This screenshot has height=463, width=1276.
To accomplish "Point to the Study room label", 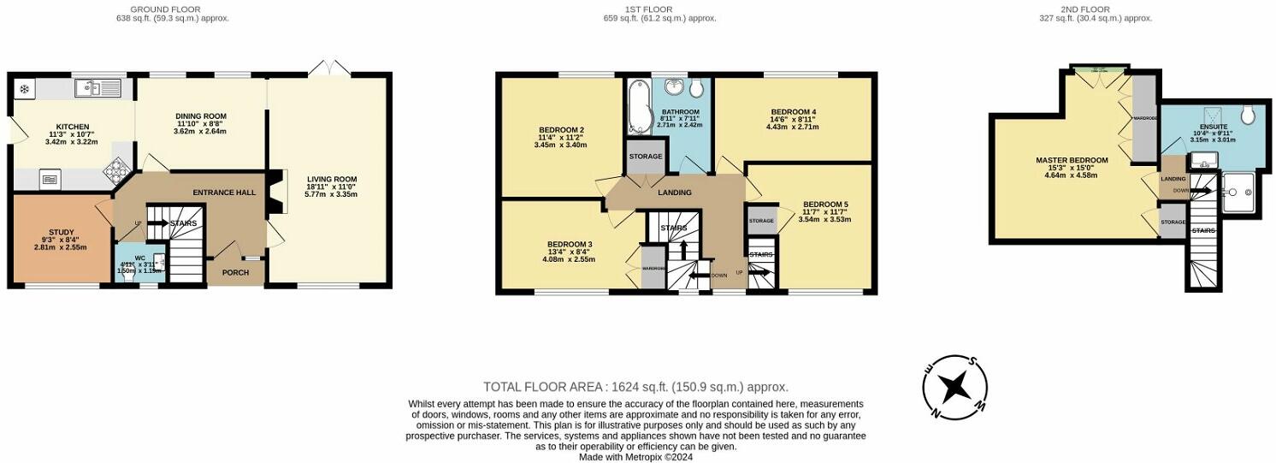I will (x=61, y=232).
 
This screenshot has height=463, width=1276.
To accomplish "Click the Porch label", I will (x=235, y=273).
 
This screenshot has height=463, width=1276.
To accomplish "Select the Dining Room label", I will (x=200, y=116).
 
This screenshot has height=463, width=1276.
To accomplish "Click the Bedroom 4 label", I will (x=794, y=112).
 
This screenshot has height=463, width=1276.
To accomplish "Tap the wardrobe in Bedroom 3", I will (x=653, y=268).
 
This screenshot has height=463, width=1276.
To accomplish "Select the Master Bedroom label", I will (x=1072, y=160).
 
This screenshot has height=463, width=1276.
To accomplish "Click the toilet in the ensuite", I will (x=1248, y=115).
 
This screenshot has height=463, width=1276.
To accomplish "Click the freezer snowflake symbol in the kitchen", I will (x=24, y=88).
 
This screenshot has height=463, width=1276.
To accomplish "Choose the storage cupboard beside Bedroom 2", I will (x=645, y=157).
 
